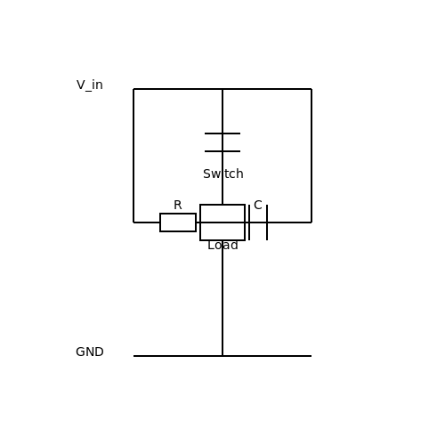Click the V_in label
coord(90,85)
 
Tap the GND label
coord(90,352)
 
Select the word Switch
coord(223,174)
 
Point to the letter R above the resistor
coord(178,205)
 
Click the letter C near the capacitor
coord(258,205)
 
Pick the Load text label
coord(222,246)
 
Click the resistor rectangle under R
coord(178,222)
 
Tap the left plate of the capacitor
coord(249,222)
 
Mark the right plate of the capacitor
coord(267,222)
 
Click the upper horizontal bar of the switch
coord(222,133)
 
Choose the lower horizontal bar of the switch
coord(222,151)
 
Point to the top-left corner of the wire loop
coord(133,89)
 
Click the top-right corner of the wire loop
coord(311,89)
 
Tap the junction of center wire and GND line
coord(222,356)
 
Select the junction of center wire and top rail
coord(222,89)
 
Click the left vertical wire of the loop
coord(133,156)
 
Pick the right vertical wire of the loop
coord(311,156)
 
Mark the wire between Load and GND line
coord(222,298)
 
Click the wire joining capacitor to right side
coord(289,222)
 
